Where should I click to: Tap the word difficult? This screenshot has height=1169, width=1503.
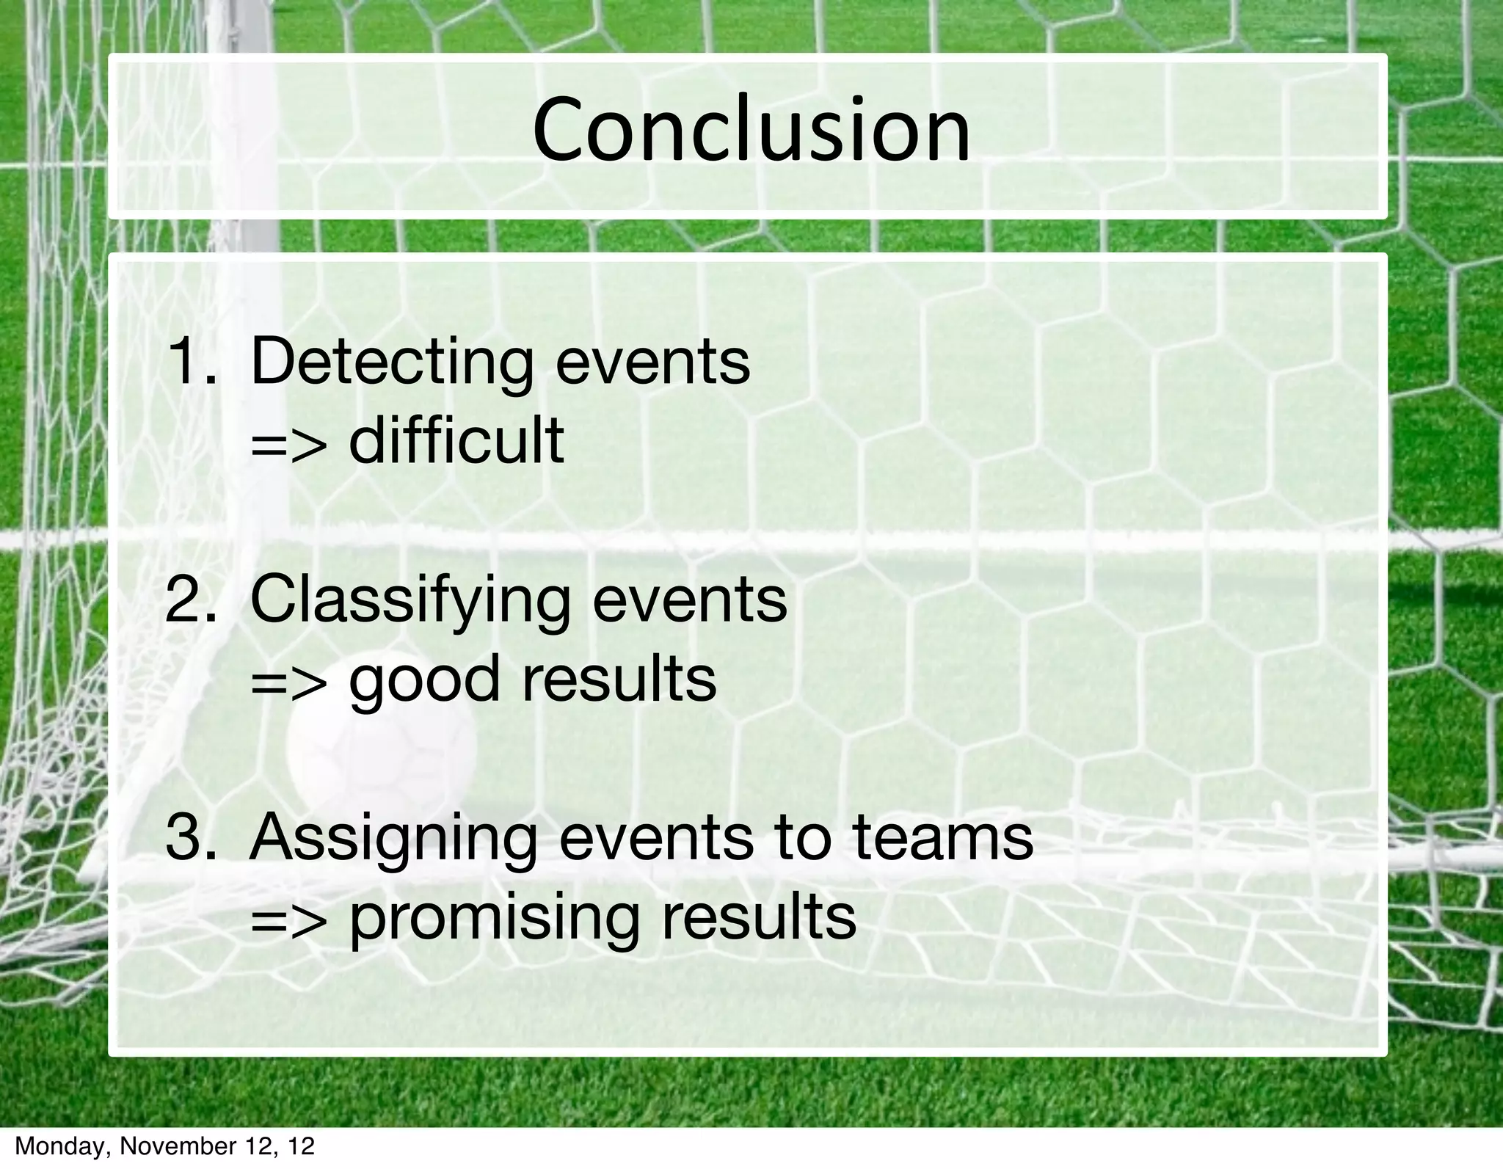(456, 440)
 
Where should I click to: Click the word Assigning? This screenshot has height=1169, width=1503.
(393, 840)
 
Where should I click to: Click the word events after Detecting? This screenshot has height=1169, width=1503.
(652, 363)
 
